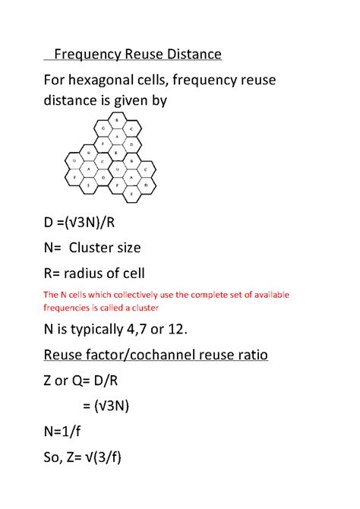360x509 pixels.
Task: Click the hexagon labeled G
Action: click(x=103, y=128)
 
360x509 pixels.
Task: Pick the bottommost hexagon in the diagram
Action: click(x=131, y=194)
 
